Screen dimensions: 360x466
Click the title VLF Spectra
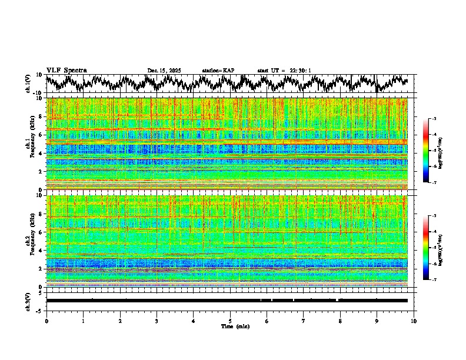66,71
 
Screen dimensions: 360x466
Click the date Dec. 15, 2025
164,71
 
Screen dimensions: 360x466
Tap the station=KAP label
218,71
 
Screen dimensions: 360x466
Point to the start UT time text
284,71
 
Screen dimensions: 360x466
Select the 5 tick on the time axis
230,321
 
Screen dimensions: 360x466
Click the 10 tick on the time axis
414,321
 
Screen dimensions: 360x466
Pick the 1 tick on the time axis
83,321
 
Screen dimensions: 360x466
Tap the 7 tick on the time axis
304,321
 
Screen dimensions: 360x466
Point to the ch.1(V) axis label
28,84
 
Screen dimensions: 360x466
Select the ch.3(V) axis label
28,301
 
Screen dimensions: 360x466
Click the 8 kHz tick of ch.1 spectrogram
41,116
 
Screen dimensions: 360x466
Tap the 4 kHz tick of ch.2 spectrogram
41,251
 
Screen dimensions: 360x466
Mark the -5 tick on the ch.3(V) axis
39,309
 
